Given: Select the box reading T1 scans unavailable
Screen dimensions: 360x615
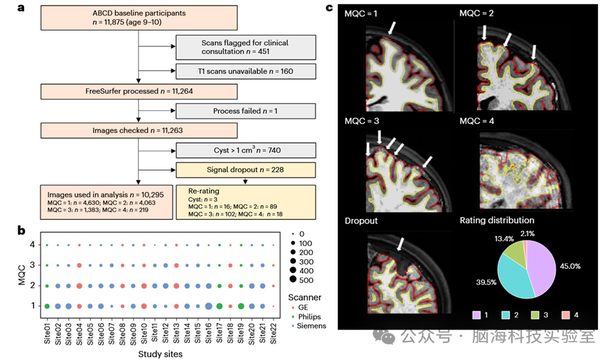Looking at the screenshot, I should (234, 70).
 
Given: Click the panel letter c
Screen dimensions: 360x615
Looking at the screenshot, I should (329, 8).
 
